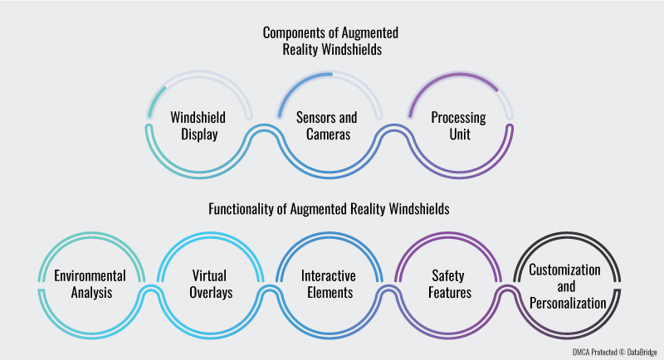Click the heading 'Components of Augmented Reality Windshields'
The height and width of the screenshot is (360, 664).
pos(330,41)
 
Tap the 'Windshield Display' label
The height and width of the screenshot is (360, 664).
pos(198,124)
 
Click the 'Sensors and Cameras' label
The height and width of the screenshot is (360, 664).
pos(330,124)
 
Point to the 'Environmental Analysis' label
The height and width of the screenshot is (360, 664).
pos(90,284)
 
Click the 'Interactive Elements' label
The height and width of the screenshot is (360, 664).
pos(330,284)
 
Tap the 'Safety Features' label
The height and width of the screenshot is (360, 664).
pos(449,284)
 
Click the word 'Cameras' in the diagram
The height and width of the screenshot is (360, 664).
pos(330,133)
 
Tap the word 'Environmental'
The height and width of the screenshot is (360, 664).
pos(90,275)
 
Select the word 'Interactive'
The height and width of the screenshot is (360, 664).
pos(330,275)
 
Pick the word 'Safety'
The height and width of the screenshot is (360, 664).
pos(449,275)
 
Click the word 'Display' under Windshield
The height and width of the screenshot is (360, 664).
pos(198,133)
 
